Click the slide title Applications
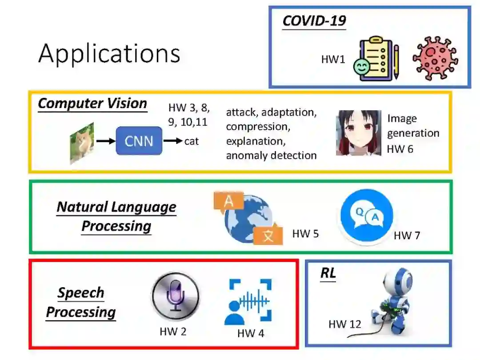tap(109, 54)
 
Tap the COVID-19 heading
tap(314, 21)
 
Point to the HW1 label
tap(333, 59)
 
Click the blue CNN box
tap(139, 141)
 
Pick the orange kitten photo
tap(82, 143)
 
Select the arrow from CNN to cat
tap(173, 141)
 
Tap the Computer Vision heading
tap(92, 104)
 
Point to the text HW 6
tap(400, 149)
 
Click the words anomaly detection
tap(271, 155)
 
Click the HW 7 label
tap(406, 236)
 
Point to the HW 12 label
tap(344, 324)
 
